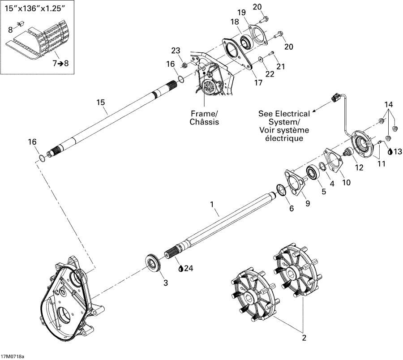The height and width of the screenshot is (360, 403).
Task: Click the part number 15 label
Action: pos(101,103)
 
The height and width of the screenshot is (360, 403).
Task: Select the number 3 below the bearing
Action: pos(165,283)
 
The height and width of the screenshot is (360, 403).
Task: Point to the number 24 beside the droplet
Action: pos(189,269)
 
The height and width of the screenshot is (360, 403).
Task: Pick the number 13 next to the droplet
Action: pos(397,151)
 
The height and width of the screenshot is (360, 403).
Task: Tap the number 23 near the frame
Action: pos(175,51)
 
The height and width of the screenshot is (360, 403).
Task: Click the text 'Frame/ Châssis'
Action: pos(204,117)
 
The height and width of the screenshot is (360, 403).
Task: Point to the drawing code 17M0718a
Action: pos(13,356)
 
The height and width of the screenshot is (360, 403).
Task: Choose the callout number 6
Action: pos(291,209)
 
